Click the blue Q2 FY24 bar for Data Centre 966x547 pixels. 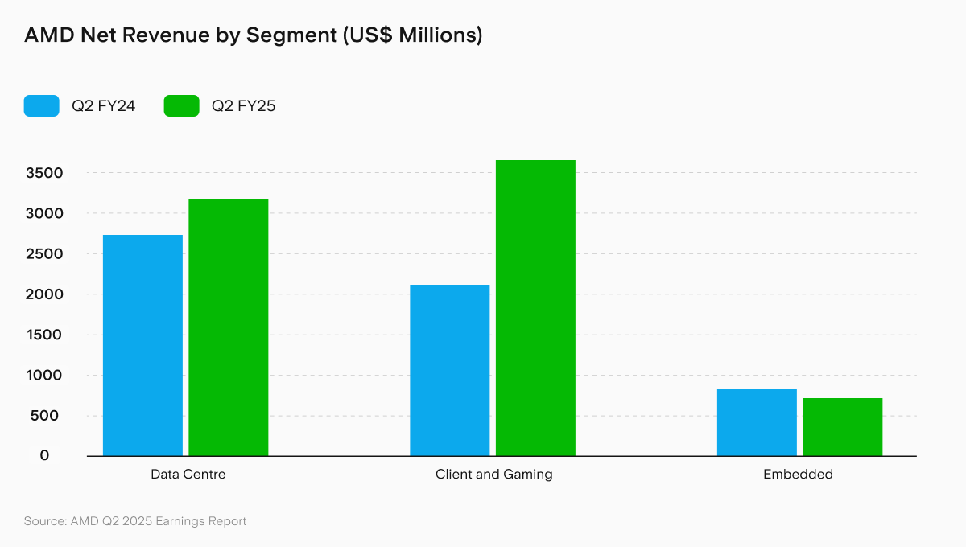[142, 345]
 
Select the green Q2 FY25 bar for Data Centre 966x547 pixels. [229, 327]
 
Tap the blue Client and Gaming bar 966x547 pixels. [449, 370]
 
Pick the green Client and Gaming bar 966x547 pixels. [535, 308]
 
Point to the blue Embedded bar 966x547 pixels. [757, 422]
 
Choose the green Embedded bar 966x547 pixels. [842, 427]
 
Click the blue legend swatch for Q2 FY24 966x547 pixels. [42, 105]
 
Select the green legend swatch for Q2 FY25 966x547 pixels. [181, 105]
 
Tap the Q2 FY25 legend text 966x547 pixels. [244, 105]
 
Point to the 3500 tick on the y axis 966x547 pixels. [44, 173]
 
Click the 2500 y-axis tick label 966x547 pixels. [44, 254]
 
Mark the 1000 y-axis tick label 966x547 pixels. [44, 376]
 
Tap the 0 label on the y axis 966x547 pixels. [44, 455]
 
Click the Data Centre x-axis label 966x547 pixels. [188, 475]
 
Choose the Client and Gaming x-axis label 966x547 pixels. [494, 475]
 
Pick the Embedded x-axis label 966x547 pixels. [798, 475]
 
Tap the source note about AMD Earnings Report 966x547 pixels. [135, 521]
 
